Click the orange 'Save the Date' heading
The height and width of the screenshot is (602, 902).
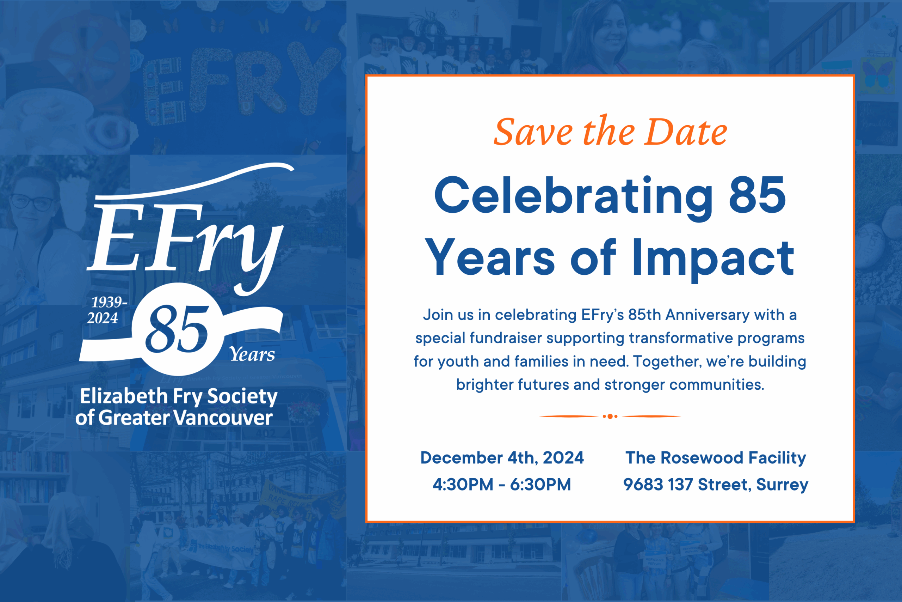pyautogui.click(x=610, y=132)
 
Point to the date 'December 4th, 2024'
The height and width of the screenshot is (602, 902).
pyautogui.click(x=502, y=458)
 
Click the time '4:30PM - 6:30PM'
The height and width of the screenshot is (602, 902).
pyautogui.click(x=502, y=485)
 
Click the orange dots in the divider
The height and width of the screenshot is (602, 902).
pyautogui.click(x=610, y=416)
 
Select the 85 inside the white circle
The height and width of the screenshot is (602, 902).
pyautogui.click(x=177, y=329)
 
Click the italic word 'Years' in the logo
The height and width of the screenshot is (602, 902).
pyautogui.click(x=252, y=354)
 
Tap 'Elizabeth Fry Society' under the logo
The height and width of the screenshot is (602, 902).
pyautogui.click(x=178, y=397)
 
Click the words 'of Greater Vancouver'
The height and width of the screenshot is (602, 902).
pyautogui.click(x=174, y=418)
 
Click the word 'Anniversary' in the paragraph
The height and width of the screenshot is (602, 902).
pyautogui.click(x=707, y=315)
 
